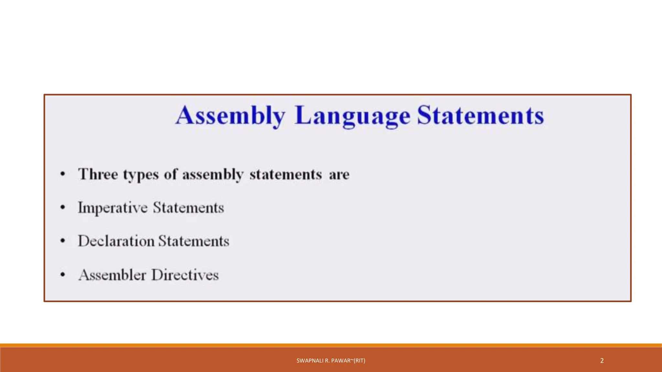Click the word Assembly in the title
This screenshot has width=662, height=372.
point(230,116)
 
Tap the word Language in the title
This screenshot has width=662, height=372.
point(353,116)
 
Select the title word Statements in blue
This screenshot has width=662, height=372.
point(480,116)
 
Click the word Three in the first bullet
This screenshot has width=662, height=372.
point(98,174)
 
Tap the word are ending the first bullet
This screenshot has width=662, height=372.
point(339,175)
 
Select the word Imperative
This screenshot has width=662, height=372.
point(112,208)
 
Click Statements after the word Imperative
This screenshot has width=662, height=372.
point(188,208)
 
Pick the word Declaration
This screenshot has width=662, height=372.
point(116,241)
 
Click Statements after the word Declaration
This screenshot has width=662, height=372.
point(194,241)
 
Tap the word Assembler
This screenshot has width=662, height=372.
point(112,275)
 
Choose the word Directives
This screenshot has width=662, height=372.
point(185,275)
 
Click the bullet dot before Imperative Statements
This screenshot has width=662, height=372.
point(63,207)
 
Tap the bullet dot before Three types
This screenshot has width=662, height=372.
point(63,174)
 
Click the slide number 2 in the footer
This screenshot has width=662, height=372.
point(602,361)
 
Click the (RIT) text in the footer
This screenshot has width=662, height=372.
point(359,361)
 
